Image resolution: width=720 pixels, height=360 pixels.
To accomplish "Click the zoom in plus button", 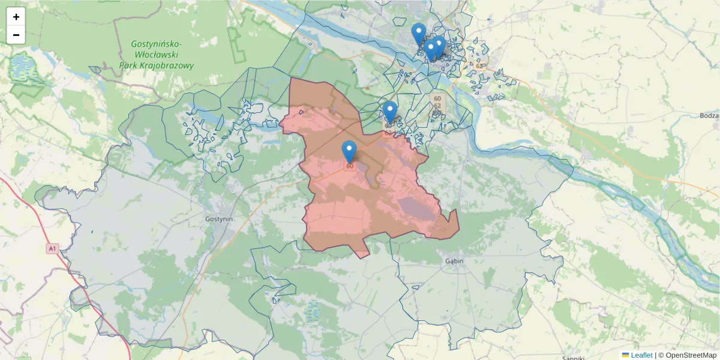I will pos(16,17).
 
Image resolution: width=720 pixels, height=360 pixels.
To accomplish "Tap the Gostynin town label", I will pos(218,219).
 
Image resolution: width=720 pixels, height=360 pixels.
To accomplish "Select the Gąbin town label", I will pos(455,261).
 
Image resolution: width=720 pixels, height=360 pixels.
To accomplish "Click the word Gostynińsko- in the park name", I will pos(157,44).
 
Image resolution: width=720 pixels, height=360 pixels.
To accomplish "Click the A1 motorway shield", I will pos(52,248).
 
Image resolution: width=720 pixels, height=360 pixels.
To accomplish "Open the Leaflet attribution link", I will pos(641,355).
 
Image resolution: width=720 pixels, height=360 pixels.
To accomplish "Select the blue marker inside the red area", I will pos(349,151).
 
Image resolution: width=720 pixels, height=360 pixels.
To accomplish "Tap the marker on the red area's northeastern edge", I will pos(390,112).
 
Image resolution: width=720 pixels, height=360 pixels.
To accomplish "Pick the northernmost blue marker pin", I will pos(419,34).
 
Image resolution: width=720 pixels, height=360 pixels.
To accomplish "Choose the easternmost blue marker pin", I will pos(439,46).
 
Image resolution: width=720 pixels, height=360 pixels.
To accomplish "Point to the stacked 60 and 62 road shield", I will pos(437,101).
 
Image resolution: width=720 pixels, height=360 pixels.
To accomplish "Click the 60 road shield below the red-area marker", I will pos(349,166).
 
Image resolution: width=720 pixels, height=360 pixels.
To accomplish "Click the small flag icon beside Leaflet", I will pos(625,355).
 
